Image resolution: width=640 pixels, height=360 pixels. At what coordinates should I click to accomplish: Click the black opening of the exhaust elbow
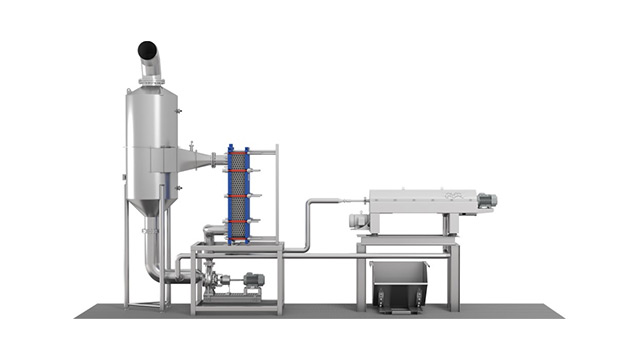click(x=147, y=48)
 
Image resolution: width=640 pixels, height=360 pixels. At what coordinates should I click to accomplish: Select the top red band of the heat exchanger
click(x=238, y=151)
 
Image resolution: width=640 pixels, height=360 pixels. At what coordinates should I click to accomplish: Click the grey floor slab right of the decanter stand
click(x=510, y=311)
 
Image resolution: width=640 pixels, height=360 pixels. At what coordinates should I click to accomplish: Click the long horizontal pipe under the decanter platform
click(x=330, y=257)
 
